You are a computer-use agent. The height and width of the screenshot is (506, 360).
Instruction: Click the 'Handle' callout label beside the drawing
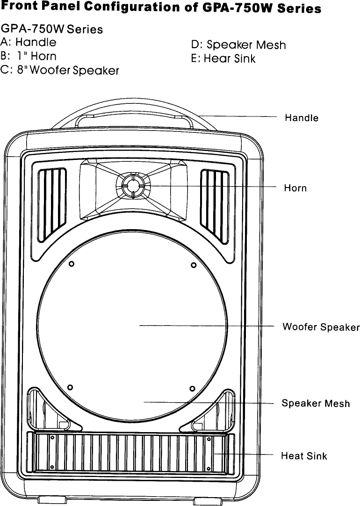click(x=302, y=118)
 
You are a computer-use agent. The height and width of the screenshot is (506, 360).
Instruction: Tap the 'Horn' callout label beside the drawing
click(x=295, y=188)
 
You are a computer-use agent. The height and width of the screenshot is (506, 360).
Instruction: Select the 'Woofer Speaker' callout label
click(x=321, y=326)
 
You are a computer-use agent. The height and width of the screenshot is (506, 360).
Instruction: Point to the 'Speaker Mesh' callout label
click(x=316, y=403)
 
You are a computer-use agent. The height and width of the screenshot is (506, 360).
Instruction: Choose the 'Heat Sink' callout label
click(x=304, y=455)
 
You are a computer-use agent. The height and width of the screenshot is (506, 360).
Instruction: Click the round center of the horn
click(x=131, y=186)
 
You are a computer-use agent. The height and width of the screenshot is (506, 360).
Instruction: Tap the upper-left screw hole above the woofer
click(x=72, y=264)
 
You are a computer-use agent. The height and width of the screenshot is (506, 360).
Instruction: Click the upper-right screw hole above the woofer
click(x=194, y=266)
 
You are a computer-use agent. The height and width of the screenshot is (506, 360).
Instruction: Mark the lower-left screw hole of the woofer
click(x=70, y=387)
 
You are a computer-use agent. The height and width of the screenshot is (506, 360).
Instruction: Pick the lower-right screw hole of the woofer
click(x=192, y=388)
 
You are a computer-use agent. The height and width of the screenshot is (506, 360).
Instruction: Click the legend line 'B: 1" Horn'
click(x=29, y=56)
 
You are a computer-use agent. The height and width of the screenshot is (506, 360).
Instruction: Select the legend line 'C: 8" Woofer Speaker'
click(x=60, y=70)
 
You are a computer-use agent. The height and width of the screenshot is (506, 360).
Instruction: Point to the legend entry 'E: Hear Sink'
click(x=223, y=59)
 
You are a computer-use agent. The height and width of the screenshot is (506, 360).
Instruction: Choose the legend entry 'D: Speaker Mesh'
click(x=238, y=45)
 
